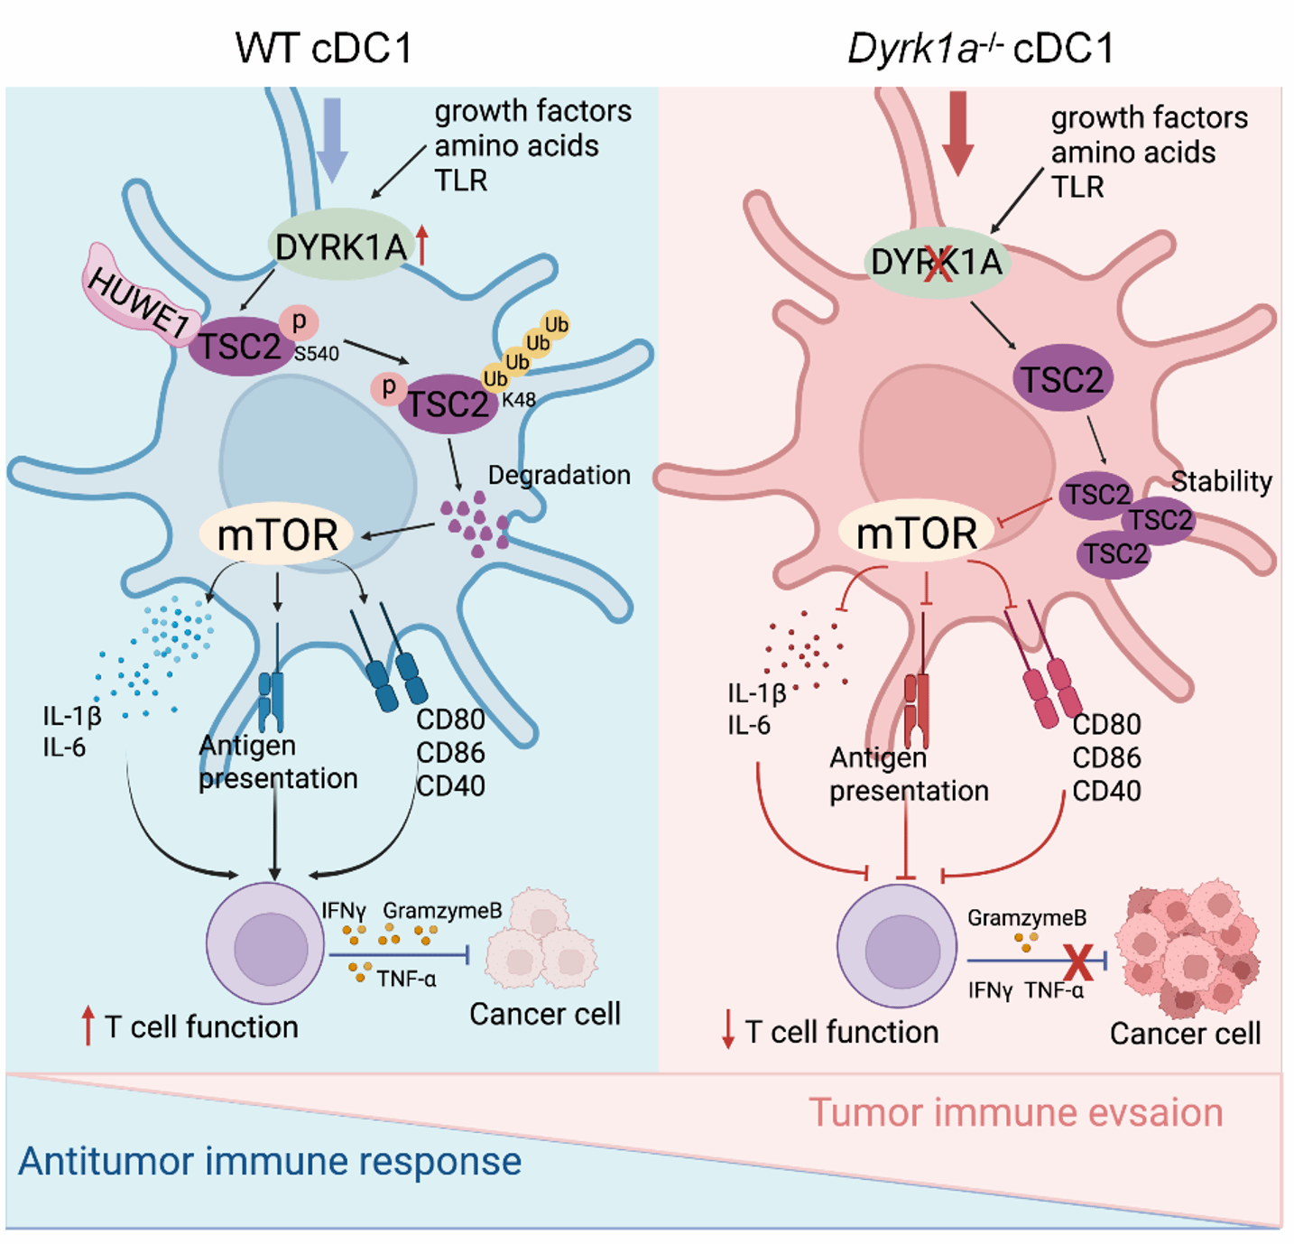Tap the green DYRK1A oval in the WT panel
click(340, 246)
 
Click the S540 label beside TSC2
click(317, 353)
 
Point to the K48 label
click(519, 400)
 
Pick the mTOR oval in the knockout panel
click(916, 533)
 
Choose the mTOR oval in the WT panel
click(277, 534)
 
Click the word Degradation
click(559, 475)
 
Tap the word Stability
click(1222, 482)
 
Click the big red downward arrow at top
click(958, 133)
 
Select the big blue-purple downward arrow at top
click(332, 140)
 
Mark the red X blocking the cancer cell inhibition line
click(1078, 962)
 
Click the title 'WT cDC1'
click(324, 48)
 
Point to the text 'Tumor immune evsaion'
click(1015, 1113)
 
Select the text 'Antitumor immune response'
click(269, 1162)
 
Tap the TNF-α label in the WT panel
click(406, 979)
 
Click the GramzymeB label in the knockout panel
click(1027, 918)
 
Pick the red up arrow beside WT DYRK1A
click(421, 245)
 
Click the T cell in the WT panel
click(265, 942)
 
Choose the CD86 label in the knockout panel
click(1106, 757)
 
